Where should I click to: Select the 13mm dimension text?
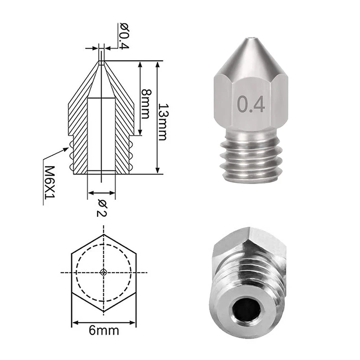pos(164,122)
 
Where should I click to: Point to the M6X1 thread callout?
pos(49,183)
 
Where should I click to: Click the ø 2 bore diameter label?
pos(102,208)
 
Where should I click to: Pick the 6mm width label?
pos(104,331)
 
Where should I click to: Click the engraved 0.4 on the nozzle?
pos(251,105)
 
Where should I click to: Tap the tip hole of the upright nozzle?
pos(251,37)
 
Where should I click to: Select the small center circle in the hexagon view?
pos(104,273)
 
